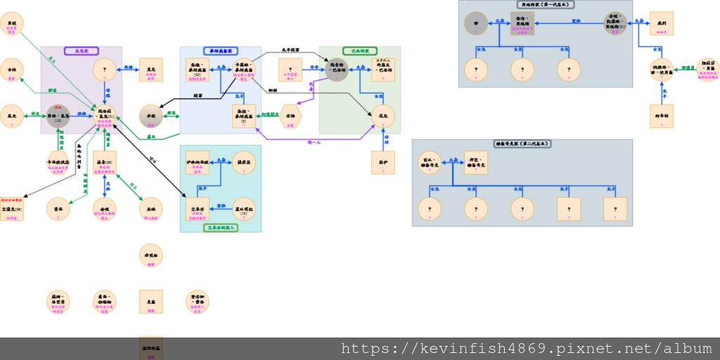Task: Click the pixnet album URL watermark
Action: pos(527,349)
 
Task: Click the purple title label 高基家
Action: pos(81,51)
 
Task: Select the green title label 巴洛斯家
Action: pos(360,51)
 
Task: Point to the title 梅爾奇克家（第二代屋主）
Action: pos(522,143)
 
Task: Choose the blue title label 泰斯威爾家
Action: pos(221,51)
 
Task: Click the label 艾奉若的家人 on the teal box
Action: pos(221,228)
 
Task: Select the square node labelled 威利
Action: pos(661,23)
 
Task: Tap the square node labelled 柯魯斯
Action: pos(661,116)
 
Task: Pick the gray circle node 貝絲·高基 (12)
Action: pos(58,116)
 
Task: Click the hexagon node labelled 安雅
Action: pos(290,116)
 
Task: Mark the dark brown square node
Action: pos(151,348)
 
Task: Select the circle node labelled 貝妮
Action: pos(12,23)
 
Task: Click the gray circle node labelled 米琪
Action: pos(151,116)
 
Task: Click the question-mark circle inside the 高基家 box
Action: pos(105,70)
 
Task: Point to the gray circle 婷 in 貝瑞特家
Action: pos(476,23)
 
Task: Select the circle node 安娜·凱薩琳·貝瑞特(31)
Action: pos(615,23)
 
